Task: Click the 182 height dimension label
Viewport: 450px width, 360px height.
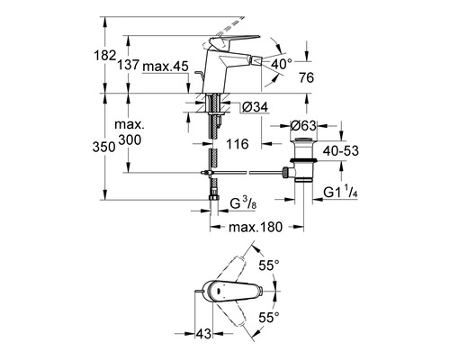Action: coord(105,56)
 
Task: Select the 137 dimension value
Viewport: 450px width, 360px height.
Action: coord(128,65)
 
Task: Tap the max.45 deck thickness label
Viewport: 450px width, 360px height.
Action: coord(166,67)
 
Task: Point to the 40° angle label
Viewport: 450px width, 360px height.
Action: coord(282,64)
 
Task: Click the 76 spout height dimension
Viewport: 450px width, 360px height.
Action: coord(306,78)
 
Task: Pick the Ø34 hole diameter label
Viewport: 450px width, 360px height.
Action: coord(255,107)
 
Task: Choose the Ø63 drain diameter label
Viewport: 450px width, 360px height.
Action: coord(303,126)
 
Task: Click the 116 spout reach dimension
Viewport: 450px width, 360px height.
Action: coord(238,144)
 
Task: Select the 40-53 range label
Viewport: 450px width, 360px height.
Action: coord(341,150)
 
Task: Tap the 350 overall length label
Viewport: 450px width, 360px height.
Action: coord(104,148)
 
